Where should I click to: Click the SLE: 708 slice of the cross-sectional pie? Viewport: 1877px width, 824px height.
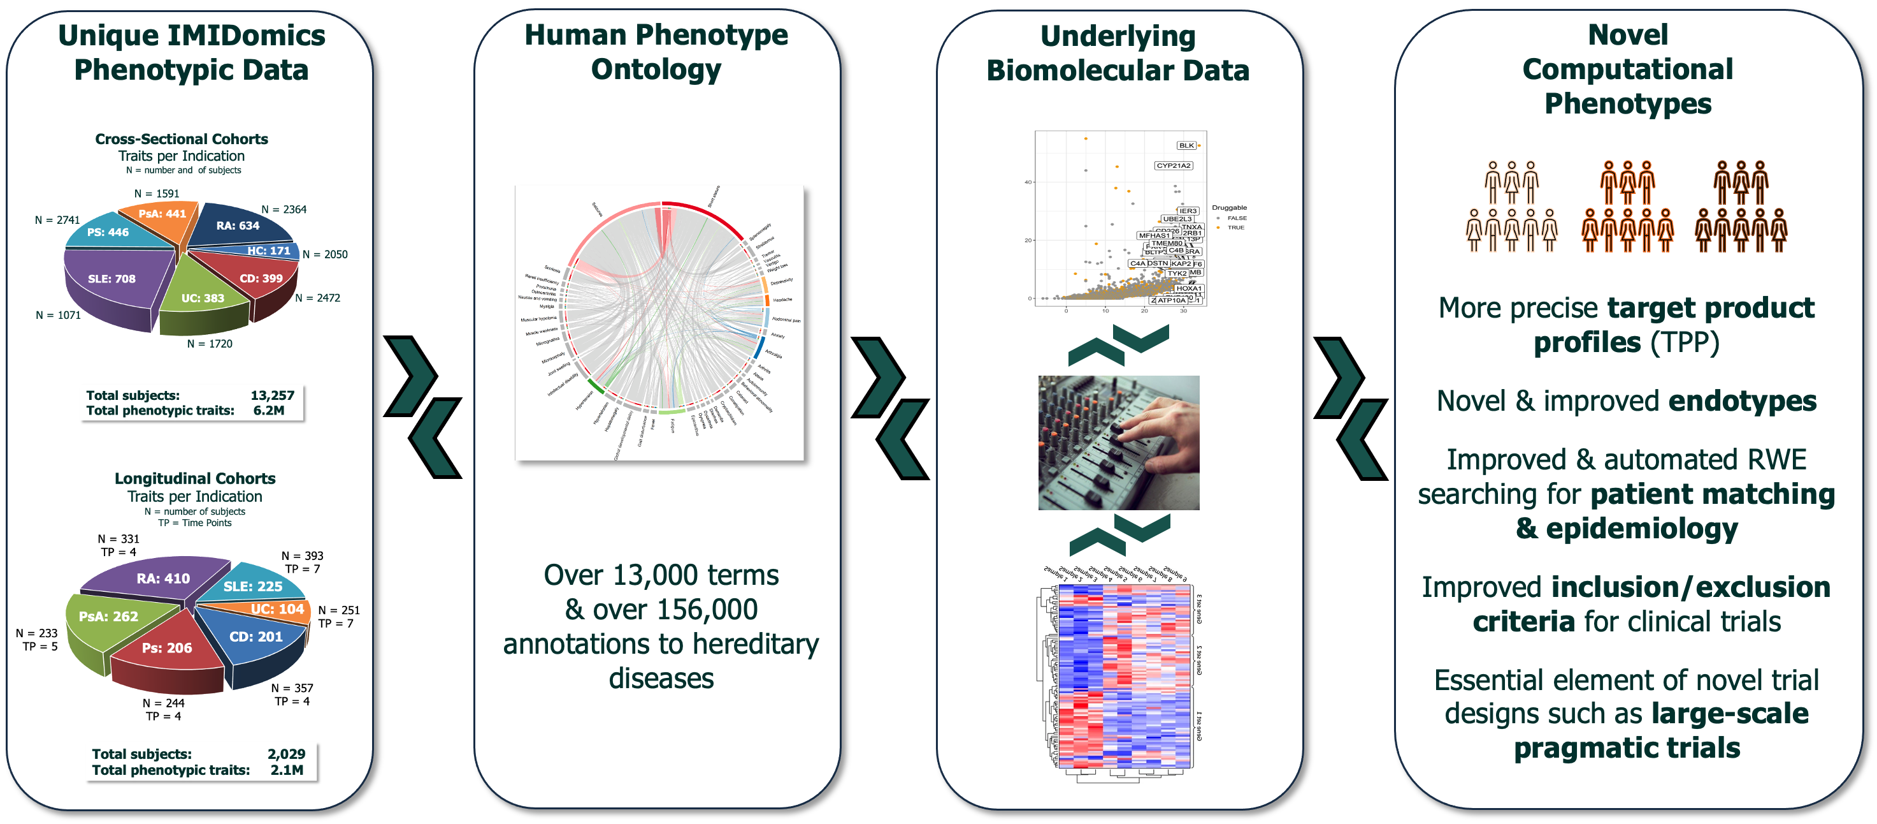pos(111,279)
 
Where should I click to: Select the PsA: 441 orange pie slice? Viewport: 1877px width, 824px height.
pos(162,214)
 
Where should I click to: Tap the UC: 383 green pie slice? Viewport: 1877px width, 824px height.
pos(203,298)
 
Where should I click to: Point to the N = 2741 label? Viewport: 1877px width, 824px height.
pos(57,220)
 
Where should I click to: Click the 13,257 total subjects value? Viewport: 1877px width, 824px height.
pos(273,395)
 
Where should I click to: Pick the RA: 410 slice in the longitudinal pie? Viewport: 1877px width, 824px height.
pos(163,578)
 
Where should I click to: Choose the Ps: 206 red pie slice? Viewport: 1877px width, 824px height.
pos(167,648)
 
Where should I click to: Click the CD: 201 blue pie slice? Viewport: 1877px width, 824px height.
pos(255,636)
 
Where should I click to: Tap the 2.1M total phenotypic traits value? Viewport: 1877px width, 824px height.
pos(286,770)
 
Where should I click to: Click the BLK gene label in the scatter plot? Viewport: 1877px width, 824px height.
pos(1186,145)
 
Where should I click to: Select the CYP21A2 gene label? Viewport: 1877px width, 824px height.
pos(1173,166)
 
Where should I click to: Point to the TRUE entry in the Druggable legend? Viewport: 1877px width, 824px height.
pos(1236,228)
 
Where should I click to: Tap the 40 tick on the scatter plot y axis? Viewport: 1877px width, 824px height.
pos(1028,182)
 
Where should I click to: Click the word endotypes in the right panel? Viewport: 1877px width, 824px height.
pos(1742,401)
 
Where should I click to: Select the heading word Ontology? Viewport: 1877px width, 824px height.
pos(656,70)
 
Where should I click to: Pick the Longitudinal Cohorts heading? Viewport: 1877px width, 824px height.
pos(194,478)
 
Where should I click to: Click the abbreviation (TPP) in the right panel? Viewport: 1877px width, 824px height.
pos(1685,342)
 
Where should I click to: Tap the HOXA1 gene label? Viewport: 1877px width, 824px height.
pos(1188,289)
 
